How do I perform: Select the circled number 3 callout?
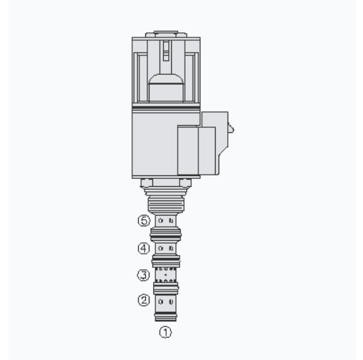coord(144,274)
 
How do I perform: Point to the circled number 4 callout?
coord(144,248)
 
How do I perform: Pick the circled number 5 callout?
coord(144,221)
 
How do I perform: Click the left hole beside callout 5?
coord(160,221)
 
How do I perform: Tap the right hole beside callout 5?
coord(171,221)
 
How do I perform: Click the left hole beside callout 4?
coord(160,248)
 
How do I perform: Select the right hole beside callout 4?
coord(171,248)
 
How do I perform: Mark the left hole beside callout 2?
coord(160,301)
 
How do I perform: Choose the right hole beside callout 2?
coord(171,301)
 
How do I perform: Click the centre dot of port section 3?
coord(166,275)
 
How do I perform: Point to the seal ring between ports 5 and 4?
coord(166,233)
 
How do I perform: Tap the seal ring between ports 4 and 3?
coord(166,261)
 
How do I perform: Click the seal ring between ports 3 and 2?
coord(166,288)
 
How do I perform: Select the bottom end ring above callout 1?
coord(166,317)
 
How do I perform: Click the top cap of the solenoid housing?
coord(165,34)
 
